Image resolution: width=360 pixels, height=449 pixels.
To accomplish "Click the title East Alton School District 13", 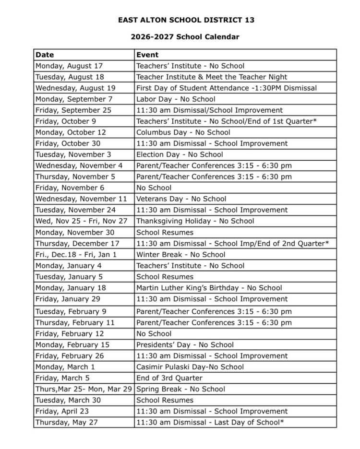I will tap(186, 20).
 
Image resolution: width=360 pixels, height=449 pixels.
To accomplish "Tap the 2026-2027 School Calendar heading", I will tap(185, 37).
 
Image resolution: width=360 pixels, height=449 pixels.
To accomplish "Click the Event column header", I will tap(147, 55).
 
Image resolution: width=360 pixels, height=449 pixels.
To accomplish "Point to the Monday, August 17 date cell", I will tap(69, 66).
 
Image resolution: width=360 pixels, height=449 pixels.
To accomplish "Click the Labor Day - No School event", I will tap(176, 99).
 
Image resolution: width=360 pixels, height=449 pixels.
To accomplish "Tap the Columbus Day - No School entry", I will tap(183, 132).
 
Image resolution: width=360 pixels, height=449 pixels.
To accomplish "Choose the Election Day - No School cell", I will tap(180, 154).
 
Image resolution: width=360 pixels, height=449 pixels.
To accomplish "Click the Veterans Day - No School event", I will tap(181, 199).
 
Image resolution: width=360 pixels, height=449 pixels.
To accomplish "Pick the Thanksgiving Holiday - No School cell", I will tap(195, 221).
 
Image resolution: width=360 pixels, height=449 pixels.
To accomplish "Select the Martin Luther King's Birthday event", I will tap(209, 288).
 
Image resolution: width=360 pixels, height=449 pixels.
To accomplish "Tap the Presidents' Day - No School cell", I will tap(185, 344).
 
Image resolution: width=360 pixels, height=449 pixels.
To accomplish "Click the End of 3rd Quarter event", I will tap(169, 378).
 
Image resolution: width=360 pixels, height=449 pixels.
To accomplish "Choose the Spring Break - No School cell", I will tap(180, 389).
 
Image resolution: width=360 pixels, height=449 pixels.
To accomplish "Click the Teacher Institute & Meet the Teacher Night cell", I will tap(212, 77).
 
